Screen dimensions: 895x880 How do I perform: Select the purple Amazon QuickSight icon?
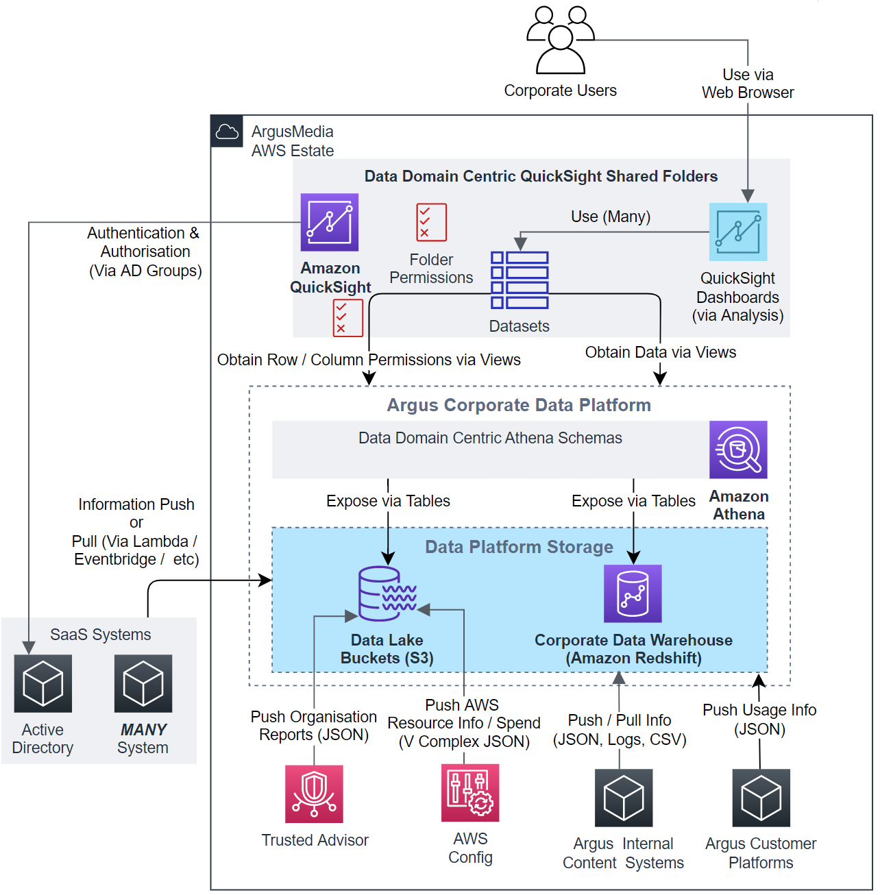330,222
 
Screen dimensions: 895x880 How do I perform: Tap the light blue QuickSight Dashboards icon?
737,232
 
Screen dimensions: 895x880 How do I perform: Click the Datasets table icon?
520,280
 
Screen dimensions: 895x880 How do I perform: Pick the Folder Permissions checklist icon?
431,222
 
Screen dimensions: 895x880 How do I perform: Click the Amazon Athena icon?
738,450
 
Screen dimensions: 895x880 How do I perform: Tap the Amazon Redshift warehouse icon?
633,593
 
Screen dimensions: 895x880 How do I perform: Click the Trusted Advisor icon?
314,794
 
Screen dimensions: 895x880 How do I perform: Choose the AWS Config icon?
470,792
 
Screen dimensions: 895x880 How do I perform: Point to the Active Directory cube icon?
42,683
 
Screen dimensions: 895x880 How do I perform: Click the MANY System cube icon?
143,683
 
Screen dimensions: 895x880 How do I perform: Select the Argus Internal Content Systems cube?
624,798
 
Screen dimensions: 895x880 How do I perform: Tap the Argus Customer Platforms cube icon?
761,798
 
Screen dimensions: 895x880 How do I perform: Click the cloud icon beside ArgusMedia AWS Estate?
227,132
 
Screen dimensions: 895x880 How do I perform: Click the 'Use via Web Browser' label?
748,84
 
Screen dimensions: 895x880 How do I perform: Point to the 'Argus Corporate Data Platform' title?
519,405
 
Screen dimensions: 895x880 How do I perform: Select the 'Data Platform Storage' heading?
519,547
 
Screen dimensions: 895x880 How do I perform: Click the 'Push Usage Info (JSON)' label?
759,719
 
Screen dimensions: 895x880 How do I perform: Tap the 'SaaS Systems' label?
101,635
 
